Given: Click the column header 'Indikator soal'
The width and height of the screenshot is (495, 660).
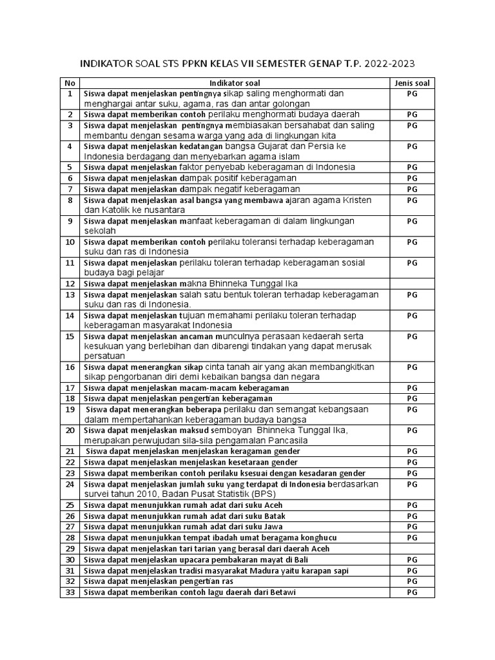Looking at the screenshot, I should click(x=235, y=83).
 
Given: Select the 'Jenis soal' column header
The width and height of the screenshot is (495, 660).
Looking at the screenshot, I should click(x=412, y=83).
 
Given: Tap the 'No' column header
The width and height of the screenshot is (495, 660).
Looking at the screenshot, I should click(x=70, y=83).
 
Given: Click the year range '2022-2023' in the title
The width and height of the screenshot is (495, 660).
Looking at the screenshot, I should click(x=390, y=64).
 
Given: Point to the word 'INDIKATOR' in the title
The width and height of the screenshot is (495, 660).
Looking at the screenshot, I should click(x=106, y=64).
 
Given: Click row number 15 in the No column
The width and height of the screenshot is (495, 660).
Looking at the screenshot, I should click(x=70, y=336).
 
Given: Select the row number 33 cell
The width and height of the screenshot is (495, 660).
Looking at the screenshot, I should click(x=70, y=592).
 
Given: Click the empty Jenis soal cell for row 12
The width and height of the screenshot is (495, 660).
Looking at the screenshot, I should click(x=412, y=284).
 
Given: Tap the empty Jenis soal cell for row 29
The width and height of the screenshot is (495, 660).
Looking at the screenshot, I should click(x=412, y=548).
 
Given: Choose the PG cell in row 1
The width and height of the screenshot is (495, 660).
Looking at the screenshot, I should click(x=412, y=93).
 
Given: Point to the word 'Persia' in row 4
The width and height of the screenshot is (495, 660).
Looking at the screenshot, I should click(x=317, y=146).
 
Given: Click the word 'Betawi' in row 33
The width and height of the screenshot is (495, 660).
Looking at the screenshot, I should click(x=283, y=592).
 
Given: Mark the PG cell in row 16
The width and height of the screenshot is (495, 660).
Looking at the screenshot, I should click(x=412, y=367).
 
